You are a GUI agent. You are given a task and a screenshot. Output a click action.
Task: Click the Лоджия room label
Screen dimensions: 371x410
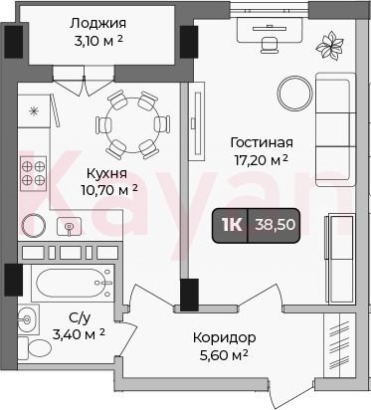point(98,24)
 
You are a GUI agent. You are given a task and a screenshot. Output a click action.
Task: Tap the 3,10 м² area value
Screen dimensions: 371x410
point(99,42)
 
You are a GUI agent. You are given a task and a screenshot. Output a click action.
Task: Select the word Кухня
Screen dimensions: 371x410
point(106,173)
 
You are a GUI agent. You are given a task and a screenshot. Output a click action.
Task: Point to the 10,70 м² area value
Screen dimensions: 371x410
point(109,190)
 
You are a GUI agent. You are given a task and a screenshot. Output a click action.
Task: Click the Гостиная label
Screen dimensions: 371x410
point(262,142)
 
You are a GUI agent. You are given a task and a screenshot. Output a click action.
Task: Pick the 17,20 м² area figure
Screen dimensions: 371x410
point(262,160)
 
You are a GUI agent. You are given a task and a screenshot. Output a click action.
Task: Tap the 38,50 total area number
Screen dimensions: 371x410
point(275,225)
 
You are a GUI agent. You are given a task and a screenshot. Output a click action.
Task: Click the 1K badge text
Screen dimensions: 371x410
point(232,225)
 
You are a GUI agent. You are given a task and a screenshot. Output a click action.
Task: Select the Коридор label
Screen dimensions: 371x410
point(225,337)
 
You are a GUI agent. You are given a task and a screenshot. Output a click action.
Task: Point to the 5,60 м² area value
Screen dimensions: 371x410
point(224,355)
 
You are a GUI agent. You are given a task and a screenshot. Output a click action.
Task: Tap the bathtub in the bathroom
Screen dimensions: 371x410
point(73,283)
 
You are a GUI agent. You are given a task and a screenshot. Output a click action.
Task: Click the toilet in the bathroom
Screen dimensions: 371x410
point(35,348)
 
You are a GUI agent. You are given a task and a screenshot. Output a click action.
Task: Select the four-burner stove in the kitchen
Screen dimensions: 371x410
point(33,173)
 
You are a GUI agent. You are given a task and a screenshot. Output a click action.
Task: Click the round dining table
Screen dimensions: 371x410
point(133,125)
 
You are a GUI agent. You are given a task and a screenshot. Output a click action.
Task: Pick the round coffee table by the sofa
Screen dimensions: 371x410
point(295,94)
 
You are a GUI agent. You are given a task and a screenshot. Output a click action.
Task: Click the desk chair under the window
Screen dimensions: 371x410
point(269,45)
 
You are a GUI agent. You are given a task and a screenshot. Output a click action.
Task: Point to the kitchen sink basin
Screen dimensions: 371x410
point(69,226)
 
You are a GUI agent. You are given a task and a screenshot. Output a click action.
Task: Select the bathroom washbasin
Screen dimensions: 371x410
point(28,319)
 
